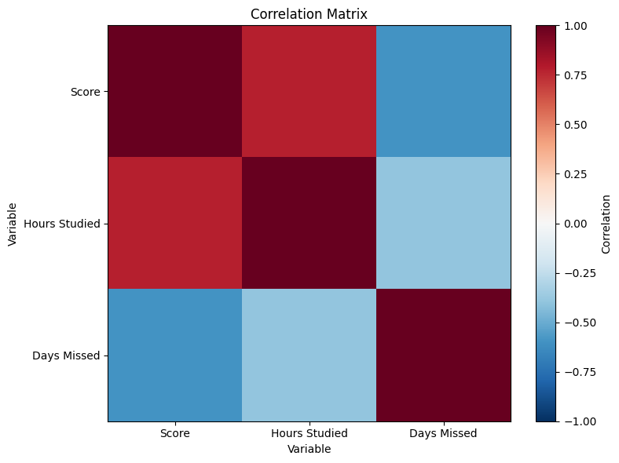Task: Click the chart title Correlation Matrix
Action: point(309,14)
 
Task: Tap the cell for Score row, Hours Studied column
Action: point(309,92)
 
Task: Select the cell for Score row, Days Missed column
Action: point(443,92)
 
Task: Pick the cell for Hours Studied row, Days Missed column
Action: point(443,223)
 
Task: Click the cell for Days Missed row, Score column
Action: point(175,355)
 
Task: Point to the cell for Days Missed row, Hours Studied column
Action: point(309,355)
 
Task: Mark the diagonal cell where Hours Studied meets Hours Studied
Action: point(309,223)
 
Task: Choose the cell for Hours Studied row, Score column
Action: point(175,223)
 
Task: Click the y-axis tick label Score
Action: point(86,92)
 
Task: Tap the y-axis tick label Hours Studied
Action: point(62,224)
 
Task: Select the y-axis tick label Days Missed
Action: point(66,355)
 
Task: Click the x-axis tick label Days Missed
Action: point(443,433)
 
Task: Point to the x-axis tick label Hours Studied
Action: point(309,433)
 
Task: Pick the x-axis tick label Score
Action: point(175,433)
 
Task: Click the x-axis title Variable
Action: point(309,449)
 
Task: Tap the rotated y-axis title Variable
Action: point(13,224)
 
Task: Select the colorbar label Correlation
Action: point(606,224)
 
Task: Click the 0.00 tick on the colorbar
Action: point(575,224)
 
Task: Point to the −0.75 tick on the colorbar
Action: point(580,372)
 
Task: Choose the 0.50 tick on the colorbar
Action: point(575,125)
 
